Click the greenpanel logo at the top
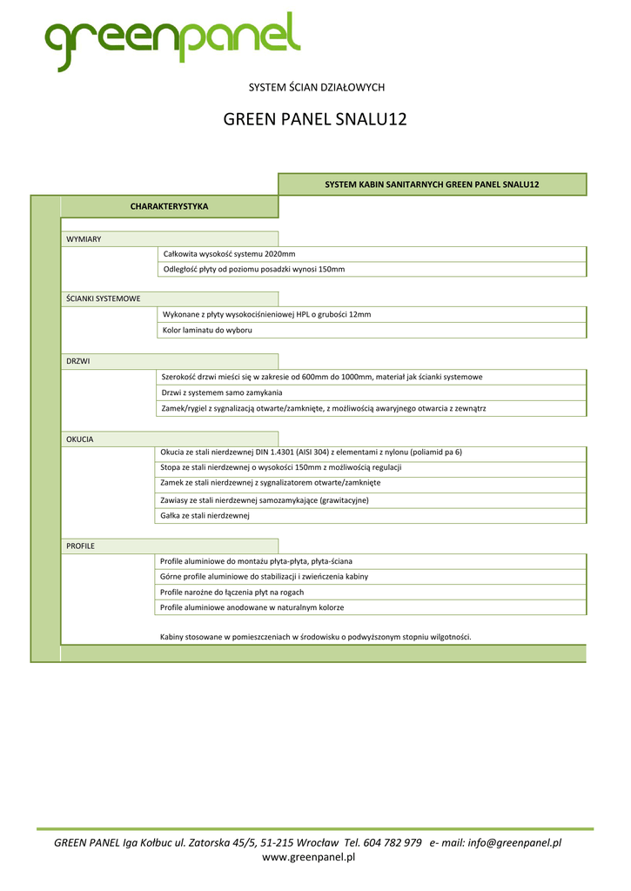(x=172, y=42)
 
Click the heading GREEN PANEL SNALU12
(x=315, y=120)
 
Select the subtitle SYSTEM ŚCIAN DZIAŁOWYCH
(x=316, y=87)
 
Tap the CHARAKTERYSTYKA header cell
(x=169, y=206)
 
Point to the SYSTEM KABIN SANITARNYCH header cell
(x=432, y=184)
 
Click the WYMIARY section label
(x=84, y=239)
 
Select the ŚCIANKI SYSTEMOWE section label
(x=104, y=298)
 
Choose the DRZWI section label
(x=78, y=360)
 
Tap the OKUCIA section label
(x=80, y=439)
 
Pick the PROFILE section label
(x=81, y=546)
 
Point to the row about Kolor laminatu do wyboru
(x=207, y=331)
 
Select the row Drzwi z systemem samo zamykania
(x=222, y=392)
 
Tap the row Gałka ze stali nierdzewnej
(x=205, y=516)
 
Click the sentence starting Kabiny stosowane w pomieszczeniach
(x=316, y=637)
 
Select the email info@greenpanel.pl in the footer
(x=514, y=842)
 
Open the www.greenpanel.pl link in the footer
(x=309, y=857)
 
